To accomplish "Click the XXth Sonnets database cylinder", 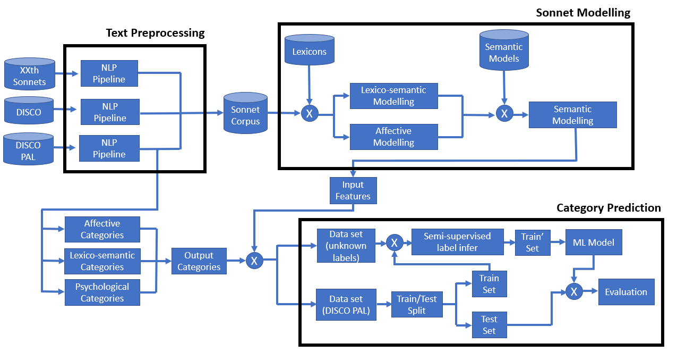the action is (x=30, y=74).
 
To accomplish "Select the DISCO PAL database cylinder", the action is (x=29, y=149).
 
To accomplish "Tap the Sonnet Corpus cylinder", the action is (x=245, y=113).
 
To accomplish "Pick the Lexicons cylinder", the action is (x=310, y=49).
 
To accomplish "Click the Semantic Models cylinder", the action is (x=504, y=50).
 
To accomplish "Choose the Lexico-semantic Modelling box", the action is (x=394, y=96).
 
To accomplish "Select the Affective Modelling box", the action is (x=394, y=137).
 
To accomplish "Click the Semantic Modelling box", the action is (x=573, y=115).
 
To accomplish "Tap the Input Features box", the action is (x=353, y=190).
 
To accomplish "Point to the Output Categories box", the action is (x=199, y=261).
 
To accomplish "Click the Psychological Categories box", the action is (x=102, y=292).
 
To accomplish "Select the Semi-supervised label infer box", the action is (x=458, y=242).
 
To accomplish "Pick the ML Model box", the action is (x=594, y=242).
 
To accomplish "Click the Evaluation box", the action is (x=626, y=292).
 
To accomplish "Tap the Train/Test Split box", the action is (x=417, y=304).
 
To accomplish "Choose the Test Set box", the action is (x=490, y=325).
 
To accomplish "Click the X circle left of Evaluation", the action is (x=574, y=291).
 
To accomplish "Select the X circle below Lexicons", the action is (x=310, y=114).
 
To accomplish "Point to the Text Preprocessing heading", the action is (x=156, y=32).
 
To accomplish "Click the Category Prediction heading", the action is (x=609, y=208).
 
